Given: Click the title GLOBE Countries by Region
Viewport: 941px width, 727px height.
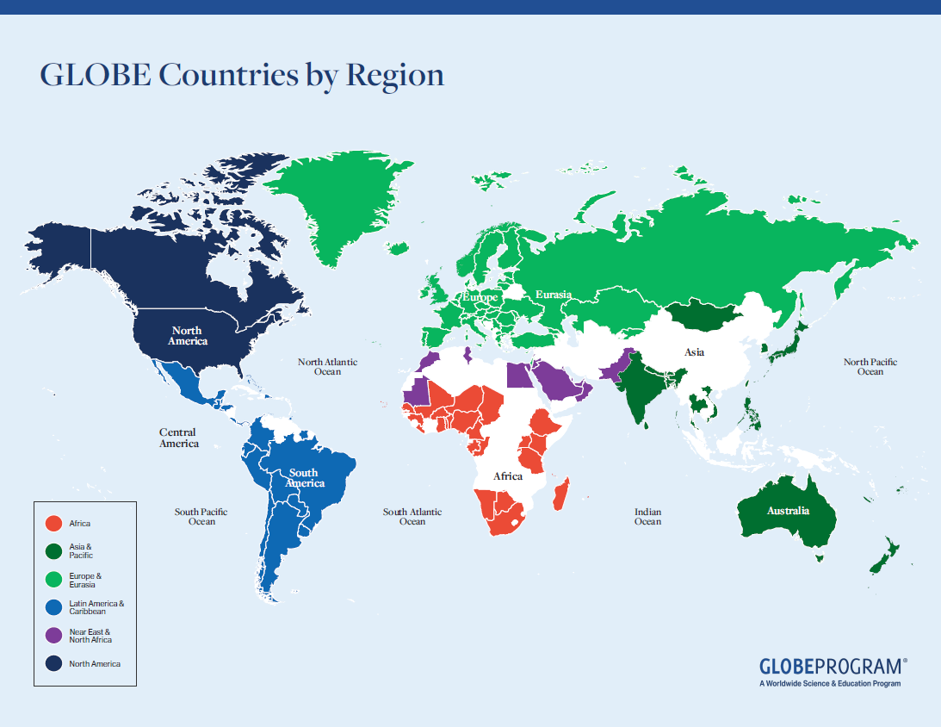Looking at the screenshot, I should tap(242, 75).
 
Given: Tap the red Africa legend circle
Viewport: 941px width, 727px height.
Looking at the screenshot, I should tap(53, 523).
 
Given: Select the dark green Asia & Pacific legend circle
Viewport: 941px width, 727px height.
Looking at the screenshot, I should tap(53, 550).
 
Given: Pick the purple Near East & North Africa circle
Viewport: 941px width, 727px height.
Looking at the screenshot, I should tap(53, 636).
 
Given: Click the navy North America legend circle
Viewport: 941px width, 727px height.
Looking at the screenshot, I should tap(53, 664).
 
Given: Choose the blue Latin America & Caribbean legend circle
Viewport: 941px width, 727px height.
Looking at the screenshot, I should tap(53, 607).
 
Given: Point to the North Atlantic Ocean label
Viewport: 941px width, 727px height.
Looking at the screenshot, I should tap(327, 367).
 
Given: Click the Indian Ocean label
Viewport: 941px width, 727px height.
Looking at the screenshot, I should tap(647, 517).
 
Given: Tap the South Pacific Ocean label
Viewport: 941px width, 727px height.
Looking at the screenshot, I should tap(201, 517).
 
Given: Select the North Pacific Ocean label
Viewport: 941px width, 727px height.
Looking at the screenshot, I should tap(870, 367).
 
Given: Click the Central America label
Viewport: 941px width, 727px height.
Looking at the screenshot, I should tap(178, 438).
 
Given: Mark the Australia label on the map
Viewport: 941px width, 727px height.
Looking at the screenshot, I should tap(789, 511).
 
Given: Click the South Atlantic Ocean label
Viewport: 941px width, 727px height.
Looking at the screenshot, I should tap(412, 517).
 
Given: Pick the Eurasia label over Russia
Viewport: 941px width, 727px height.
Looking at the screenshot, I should tap(554, 295).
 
